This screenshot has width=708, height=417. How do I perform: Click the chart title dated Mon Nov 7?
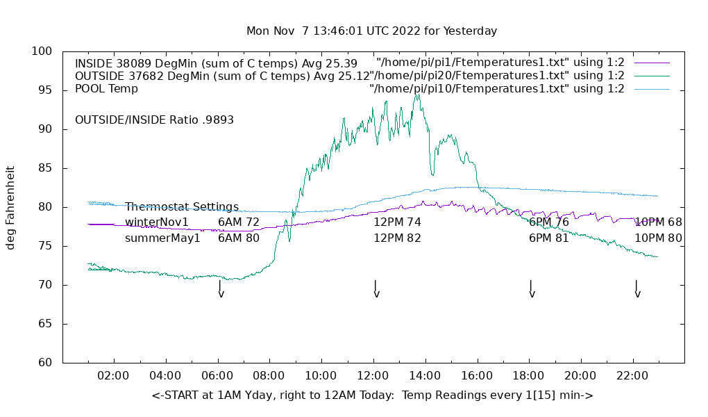pyautogui.click(x=371, y=31)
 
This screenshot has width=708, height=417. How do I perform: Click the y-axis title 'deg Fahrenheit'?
pyautogui.click(x=10, y=207)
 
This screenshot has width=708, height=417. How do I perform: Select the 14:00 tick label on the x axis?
pyautogui.click(x=425, y=376)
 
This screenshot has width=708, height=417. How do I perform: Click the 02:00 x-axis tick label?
pyautogui.click(x=113, y=376)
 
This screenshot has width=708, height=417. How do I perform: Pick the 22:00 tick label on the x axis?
pyautogui.click(x=632, y=376)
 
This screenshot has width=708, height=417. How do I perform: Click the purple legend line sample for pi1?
pyautogui.click(x=652, y=63)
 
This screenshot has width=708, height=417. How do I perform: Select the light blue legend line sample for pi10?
pyautogui.click(x=652, y=89)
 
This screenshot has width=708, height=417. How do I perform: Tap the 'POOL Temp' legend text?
pyautogui.click(x=106, y=89)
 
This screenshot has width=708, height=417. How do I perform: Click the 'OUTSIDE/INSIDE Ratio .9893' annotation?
pyautogui.click(x=154, y=120)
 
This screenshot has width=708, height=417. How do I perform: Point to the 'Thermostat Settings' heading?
pyautogui.click(x=182, y=207)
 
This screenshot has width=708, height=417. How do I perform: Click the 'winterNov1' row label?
pyautogui.click(x=157, y=222)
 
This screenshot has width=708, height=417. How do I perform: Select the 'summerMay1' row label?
pyautogui.click(x=162, y=238)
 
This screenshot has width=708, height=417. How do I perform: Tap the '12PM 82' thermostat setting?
pyautogui.click(x=397, y=238)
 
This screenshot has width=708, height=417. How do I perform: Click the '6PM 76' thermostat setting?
pyautogui.click(x=548, y=222)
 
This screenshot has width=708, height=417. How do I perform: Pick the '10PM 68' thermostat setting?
pyautogui.click(x=658, y=222)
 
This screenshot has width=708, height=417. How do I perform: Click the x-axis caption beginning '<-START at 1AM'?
pyautogui.click(x=372, y=395)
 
